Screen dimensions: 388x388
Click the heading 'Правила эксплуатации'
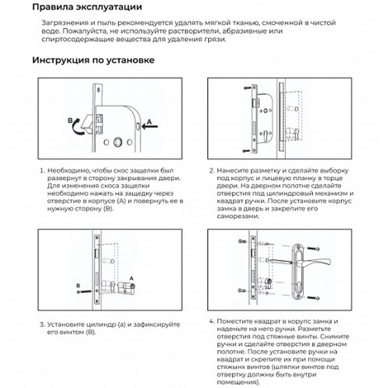pyautogui.click(x=87, y=7)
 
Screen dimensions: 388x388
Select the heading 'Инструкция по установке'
pyautogui.click(x=93, y=61)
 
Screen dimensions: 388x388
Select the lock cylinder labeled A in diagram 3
pyautogui.click(x=126, y=288)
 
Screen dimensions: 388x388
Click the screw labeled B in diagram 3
pyautogui.click(x=84, y=291)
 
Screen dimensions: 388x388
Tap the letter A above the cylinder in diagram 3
pyautogui.click(x=131, y=278)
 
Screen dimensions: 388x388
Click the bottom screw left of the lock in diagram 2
pyautogui.click(x=247, y=150)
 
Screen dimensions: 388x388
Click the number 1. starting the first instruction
pyautogui.click(x=42, y=171)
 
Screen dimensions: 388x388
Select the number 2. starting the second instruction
pyautogui.click(x=212, y=171)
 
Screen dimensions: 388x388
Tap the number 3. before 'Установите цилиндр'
pyautogui.click(x=42, y=324)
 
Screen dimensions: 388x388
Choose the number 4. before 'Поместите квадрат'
pyautogui.click(x=212, y=322)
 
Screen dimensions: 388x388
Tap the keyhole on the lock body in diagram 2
pyautogui.click(x=265, y=137)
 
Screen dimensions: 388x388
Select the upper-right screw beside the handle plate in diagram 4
pyautogui.click(x=317, y=249)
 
